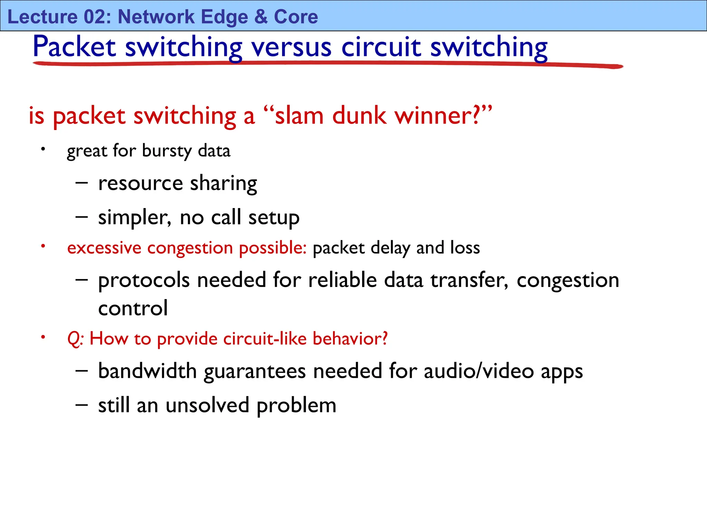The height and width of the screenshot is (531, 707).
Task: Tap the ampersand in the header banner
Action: coord(261,17)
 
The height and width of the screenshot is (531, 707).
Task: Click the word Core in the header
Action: coord(296,17)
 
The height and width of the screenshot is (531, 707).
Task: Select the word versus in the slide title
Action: coord(291,47)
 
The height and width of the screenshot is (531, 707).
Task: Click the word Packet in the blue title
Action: coord(74,47)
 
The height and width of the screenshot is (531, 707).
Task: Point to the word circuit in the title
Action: coord(381,47)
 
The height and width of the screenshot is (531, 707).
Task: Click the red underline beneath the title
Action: coord(328,64)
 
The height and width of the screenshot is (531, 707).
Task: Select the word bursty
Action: coord(167,151)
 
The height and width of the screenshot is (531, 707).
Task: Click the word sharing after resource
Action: coord(223,184)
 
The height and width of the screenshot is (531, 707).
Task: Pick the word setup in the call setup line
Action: coord(274,218)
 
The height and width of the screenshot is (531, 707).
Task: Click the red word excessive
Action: coord(104,248)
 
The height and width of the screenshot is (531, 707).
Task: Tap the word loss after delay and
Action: coord(465,248)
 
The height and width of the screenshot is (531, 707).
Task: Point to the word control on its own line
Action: coord(133,308)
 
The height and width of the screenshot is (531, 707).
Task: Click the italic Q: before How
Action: coord(75,339)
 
